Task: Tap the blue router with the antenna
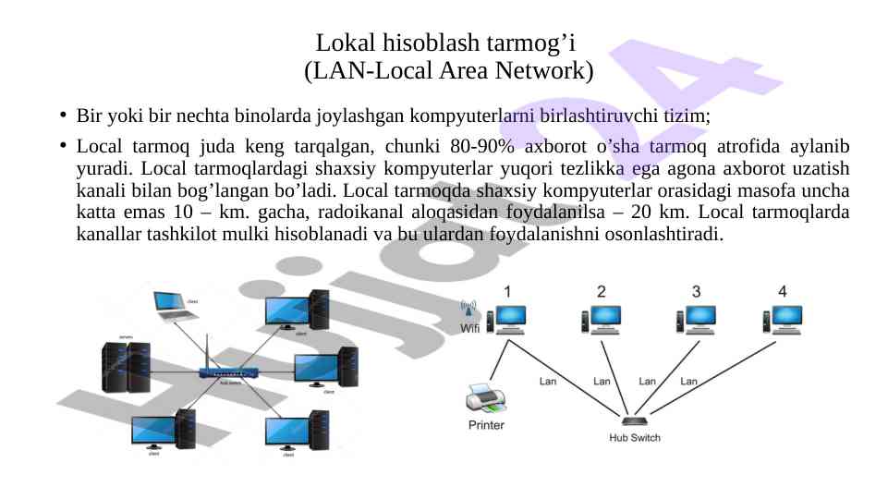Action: click(x=223, y=373)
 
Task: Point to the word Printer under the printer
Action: click(x=486, y=425)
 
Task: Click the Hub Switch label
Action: click(x=634, y=437)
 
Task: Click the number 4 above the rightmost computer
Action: click(x=783, y=291)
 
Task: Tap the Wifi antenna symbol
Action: click(x=468, y=309)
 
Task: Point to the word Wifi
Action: click(x=469, y=327)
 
